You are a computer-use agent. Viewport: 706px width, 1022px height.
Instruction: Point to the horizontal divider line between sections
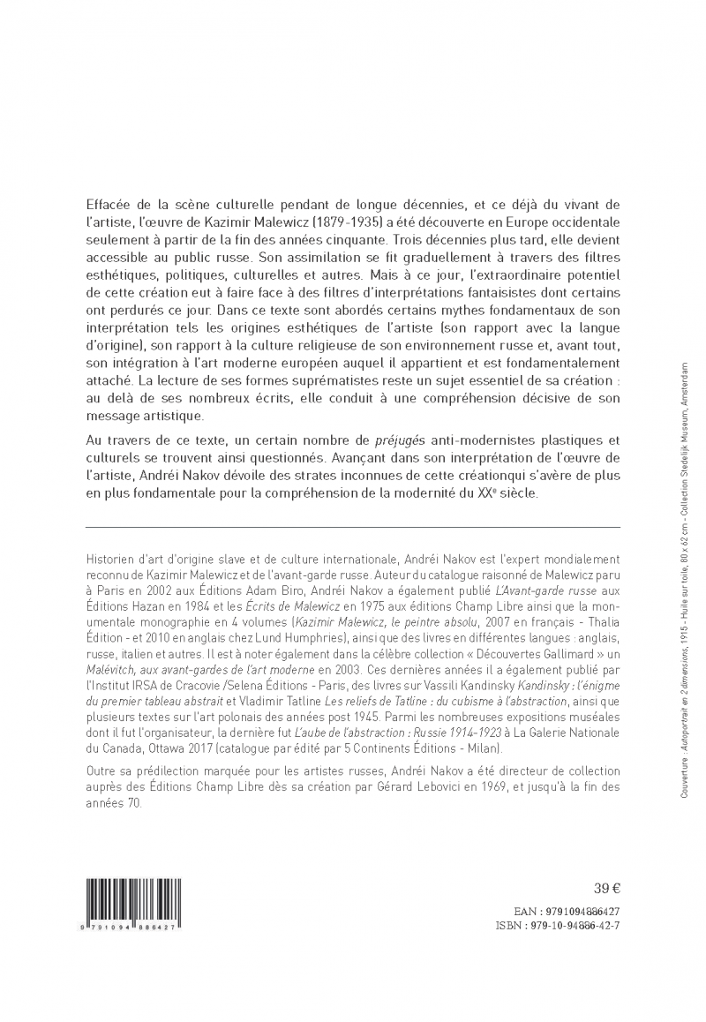click(x=353, y=526)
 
